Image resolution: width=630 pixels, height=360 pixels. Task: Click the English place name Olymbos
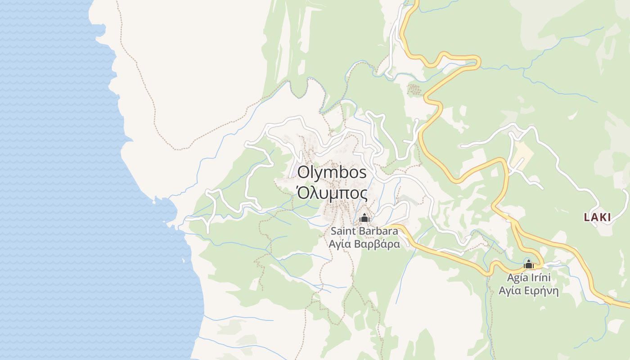[x=332, y=172]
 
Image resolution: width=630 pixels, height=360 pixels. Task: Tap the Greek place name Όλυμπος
[x=332, y=193]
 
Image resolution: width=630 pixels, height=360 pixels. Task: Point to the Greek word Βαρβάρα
[x=377, y=244]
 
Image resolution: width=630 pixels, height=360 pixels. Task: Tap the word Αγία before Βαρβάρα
[x=340, y=244]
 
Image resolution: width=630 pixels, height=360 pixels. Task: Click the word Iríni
[x=540, y=277]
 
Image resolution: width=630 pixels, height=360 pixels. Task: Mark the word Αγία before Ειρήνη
[x=510, y=291]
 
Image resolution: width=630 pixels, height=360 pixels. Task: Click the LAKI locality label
[x=597, y=217]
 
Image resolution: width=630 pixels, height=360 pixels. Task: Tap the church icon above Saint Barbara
[x=364, y=218]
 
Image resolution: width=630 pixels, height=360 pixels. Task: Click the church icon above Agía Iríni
[x=529, y=264]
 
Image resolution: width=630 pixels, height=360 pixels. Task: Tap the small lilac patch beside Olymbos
[x=293, y=171]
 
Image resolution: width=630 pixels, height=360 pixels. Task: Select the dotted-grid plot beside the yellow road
[x=414, y=90]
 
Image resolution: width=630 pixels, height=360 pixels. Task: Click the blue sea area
[x=54, y=180]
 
